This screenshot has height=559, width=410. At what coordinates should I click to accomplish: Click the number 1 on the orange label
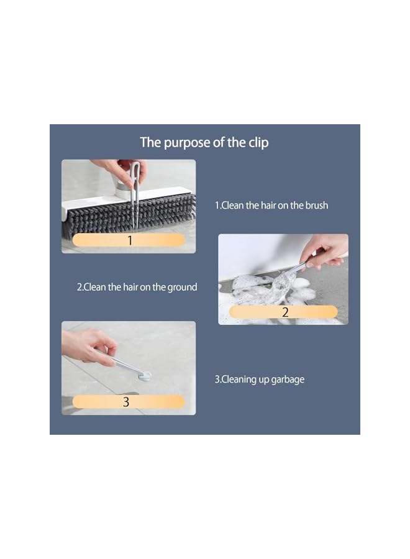point(130,240)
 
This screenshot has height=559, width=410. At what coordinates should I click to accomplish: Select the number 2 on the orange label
point(285,312)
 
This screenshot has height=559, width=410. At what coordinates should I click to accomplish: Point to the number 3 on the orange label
point(126,402)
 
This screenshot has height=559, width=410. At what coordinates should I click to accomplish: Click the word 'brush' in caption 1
point(317,206)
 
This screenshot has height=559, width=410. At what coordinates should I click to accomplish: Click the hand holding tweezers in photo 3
point(88,346)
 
